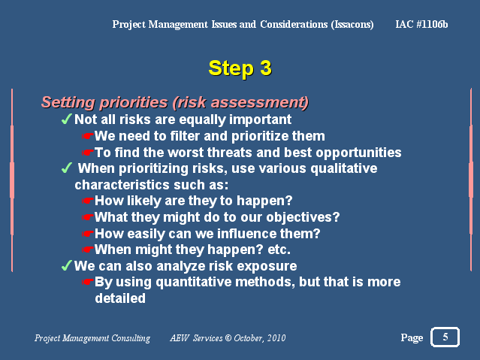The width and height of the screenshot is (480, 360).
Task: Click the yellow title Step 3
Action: click(x=240, y=68)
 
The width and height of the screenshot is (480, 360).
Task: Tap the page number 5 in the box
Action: click(x=445, y=337)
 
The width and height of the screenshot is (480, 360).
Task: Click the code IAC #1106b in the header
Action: click(x=421, y=24)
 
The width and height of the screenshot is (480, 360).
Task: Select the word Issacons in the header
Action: click(x=352, y=25)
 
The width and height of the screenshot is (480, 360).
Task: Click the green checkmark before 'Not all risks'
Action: click(x=67, y=119)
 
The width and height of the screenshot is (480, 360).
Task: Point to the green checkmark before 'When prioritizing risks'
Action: click(x=67, y=168)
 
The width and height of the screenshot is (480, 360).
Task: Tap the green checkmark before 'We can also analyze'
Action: click(x=67, y=265)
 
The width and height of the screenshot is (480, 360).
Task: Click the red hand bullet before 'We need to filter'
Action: click(x=88, y=136)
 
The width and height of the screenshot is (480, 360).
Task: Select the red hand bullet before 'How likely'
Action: click(x=88, y=201)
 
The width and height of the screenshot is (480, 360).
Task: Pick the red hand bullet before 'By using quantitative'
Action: click(x=88, y=282)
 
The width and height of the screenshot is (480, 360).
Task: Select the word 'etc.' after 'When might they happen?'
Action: click(x=279, y=250)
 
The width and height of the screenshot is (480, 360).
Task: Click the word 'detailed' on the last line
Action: click(x=120, y=298)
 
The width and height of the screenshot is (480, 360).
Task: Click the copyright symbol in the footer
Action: click(x=228, y=338)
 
